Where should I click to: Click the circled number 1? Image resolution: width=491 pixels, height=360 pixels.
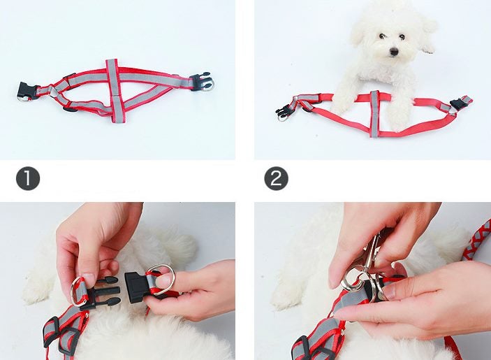[x=28, y=179]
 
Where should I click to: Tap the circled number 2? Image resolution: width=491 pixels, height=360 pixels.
[x=277, y=179]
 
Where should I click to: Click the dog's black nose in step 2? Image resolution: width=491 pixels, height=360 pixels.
[x=394, y=52]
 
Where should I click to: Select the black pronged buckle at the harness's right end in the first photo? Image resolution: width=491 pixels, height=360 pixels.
[x=201, y=81]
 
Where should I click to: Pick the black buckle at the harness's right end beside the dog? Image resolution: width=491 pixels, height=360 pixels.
[x=460, y=105]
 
